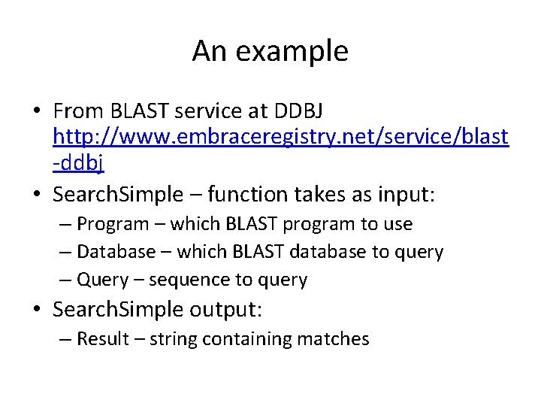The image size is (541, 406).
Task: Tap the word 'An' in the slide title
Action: point(208,52)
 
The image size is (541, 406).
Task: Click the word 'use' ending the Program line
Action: point(398,224)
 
